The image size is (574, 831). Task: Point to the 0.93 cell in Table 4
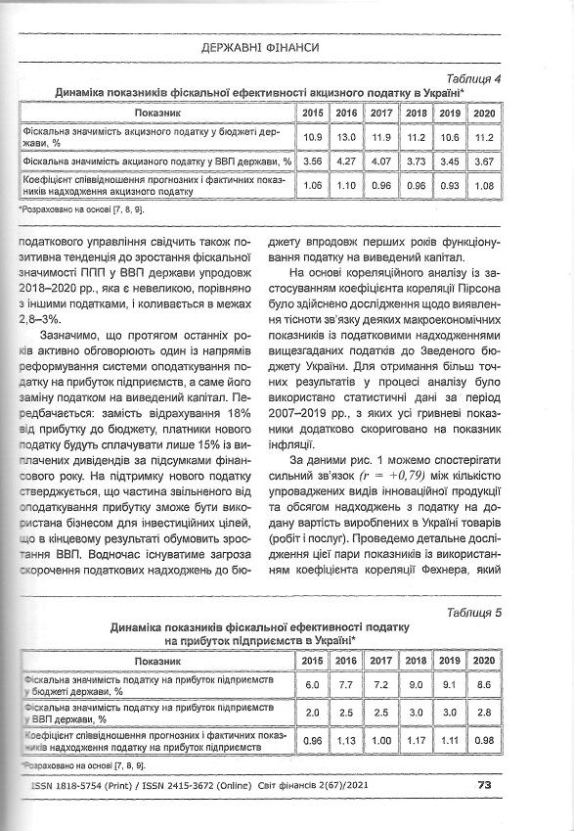pyautogui.click(x=450, y=185)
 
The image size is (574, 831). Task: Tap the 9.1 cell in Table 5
pyautogui.click(x=450, y=686)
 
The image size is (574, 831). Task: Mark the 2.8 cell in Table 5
pyautogui.click(x=483, y=714)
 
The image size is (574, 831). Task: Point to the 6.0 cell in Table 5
pyautogui.click(x=313, y=686)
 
